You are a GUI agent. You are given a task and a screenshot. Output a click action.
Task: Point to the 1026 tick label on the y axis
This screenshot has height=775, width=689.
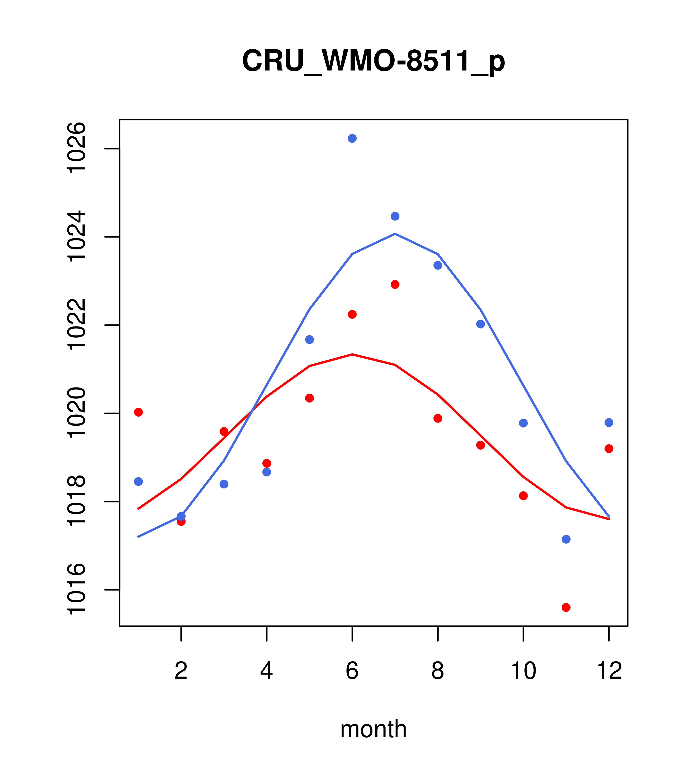click(76, 148)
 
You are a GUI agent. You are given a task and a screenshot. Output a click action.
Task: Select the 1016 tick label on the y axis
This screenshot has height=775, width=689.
click(76, 590)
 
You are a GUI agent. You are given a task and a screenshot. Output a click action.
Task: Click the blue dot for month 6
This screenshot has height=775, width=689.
click(352, 138)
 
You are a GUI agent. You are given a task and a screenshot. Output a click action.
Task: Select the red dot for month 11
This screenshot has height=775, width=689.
click(566, 608)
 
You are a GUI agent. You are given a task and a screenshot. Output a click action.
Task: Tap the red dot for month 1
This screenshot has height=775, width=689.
click(138, 412)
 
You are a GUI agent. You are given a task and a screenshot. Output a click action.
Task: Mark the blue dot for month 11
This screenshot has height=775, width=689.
click(566, 539)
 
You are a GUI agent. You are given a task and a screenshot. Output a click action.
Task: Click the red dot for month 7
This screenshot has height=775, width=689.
click(395, 284)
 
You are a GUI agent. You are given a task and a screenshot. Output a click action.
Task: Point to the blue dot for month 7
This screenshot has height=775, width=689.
click(395, 216)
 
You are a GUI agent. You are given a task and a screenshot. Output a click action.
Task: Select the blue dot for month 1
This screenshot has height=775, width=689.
click(138, 482)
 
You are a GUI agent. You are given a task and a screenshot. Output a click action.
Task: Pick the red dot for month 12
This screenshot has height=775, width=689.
click(609, 449)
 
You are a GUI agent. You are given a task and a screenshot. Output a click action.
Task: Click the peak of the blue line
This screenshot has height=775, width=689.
click(395, 234)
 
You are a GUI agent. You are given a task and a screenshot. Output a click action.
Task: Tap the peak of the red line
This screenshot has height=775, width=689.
click(352, 354)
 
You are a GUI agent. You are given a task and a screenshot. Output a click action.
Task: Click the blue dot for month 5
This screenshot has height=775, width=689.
click(309, 339)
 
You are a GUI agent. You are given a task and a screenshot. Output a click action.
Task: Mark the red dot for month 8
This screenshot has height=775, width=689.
click(438, 418)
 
